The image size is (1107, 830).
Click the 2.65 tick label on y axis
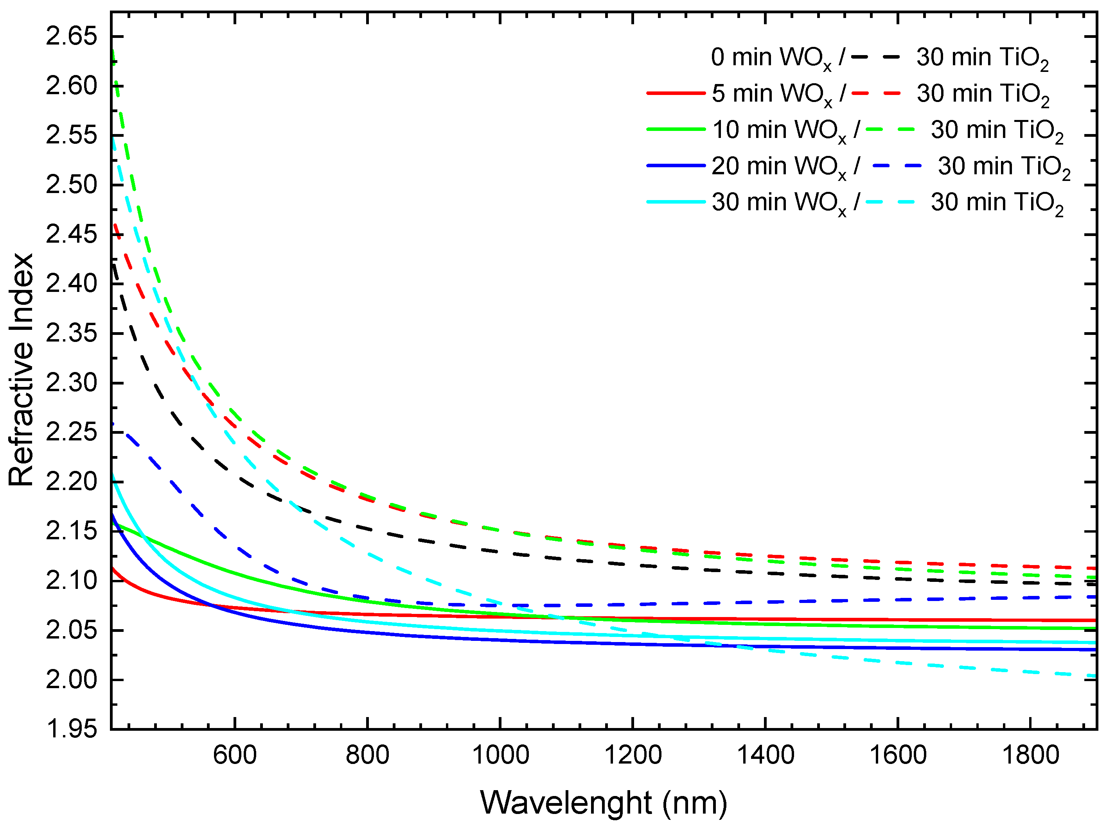[x=71, y=36]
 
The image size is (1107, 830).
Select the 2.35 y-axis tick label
[x=71, y=333]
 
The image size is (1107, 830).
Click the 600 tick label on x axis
[x=235, y=755]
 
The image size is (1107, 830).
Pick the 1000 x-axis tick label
[x=500, y=755]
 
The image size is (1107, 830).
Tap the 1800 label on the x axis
[x=1030, y=755]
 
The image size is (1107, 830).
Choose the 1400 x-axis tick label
[x=765, y=755]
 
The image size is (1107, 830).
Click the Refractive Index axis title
[x=21, y=370]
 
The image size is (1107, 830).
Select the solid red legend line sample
[x=676, y=93]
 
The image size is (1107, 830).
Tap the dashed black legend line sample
[x=875, y=57]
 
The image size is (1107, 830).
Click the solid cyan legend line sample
[x=676, y=202]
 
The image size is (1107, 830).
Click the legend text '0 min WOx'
[x=771, y=58]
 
